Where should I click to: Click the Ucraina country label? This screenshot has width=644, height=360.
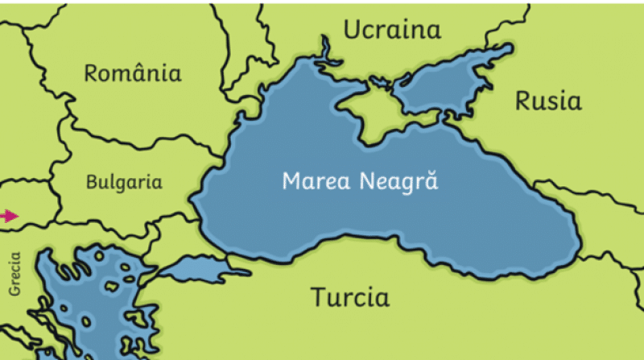point(393,31)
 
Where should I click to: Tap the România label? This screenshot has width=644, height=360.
point(133,74)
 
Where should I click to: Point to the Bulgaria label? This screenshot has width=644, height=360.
point(124,183)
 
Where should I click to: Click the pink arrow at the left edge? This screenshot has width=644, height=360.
point(9,216)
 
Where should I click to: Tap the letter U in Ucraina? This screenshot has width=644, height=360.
point(352,31)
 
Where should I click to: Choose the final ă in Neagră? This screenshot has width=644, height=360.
point(432,181)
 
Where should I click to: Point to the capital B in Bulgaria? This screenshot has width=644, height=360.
point(92,183)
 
